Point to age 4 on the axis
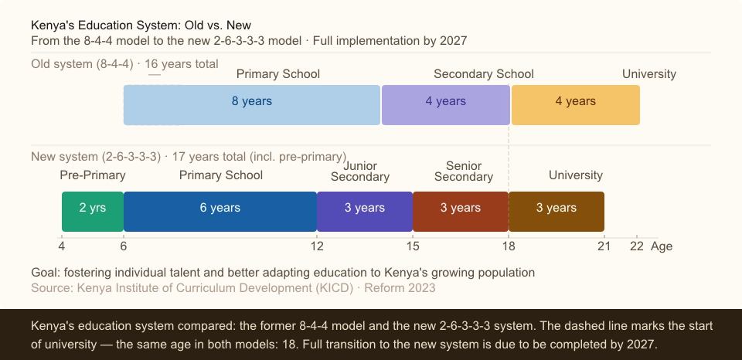point(62,246)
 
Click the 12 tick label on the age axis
point(317,246)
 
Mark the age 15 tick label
point(413,246)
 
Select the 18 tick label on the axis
point(509,246)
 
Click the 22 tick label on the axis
point(636,246)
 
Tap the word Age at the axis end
point(662,246)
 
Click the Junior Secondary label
point(360,171)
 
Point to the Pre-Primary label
point(93,175)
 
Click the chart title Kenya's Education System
point(141,25)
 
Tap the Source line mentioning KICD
point(233,288)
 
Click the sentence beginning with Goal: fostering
point(283,273)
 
